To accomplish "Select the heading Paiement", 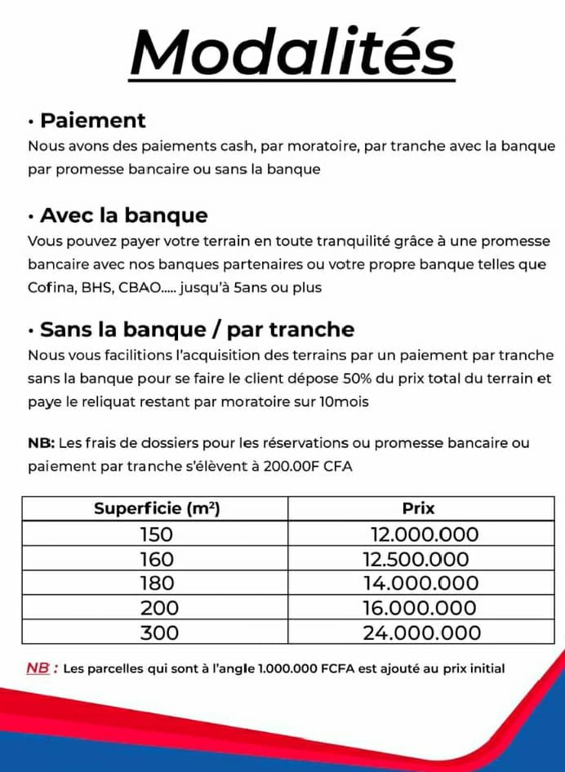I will tap(92, 121).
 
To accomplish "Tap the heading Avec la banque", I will tap(123, 215).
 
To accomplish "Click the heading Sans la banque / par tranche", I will tap(197, 330).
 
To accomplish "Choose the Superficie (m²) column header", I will tap(157, 508).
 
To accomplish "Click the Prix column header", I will tap(418, 508).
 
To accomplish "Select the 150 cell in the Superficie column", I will tap(157, 535).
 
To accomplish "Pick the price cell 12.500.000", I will tap(416, 559).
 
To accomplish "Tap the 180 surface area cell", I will tap(157, 583).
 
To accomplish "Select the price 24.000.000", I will tap(421, 632).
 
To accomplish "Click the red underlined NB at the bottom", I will tap(38, 668).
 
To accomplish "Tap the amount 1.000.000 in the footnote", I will tap(291, 668).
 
